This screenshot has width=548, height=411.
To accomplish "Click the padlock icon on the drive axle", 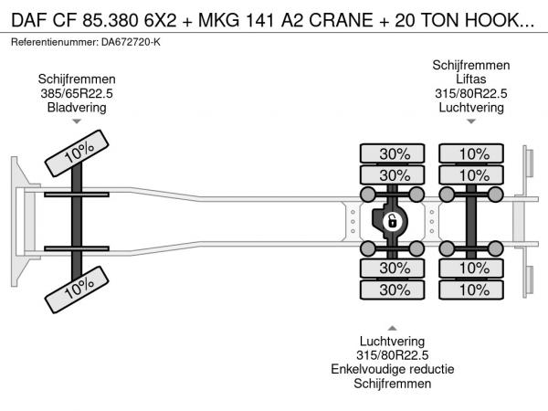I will point(392,221).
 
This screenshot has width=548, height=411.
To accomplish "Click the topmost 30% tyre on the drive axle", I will point(394,153).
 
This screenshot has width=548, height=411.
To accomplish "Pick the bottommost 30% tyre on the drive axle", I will point(394,290).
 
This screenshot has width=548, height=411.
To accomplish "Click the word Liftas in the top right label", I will point(470,79).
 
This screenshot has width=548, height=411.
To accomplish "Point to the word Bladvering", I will point(77,107).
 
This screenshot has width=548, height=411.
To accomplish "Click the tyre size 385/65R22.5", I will point(77,93).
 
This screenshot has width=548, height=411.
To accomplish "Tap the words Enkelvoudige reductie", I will point(393,369).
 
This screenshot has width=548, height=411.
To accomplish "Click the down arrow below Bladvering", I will point(77,121).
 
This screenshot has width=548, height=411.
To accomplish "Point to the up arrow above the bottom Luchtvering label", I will point(393,327).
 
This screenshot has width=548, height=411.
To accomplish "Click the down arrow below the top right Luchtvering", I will point(470,121).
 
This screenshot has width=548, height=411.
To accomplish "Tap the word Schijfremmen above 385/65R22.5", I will point(77,79).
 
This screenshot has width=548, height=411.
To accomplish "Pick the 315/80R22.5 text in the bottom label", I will point(393,355).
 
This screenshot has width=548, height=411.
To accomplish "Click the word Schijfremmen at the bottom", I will point(393,384).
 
